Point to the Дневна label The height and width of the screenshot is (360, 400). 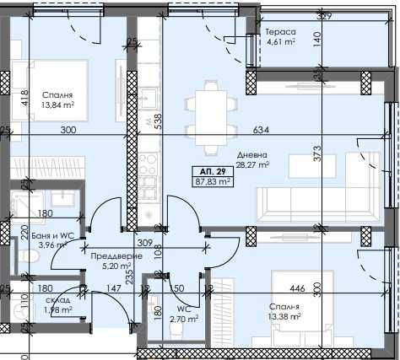(x=252, y=154)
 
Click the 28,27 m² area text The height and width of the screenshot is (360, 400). (x=252, y=165)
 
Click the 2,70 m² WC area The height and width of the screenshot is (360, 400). (x=183, y=320)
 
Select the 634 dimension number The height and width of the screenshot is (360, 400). (x=262, y=130)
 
